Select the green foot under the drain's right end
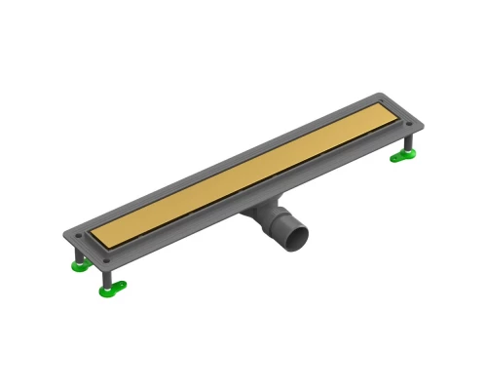[x=402, y=156]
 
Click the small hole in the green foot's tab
[x=120, y=286]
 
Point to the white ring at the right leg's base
[x=408, y=151]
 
